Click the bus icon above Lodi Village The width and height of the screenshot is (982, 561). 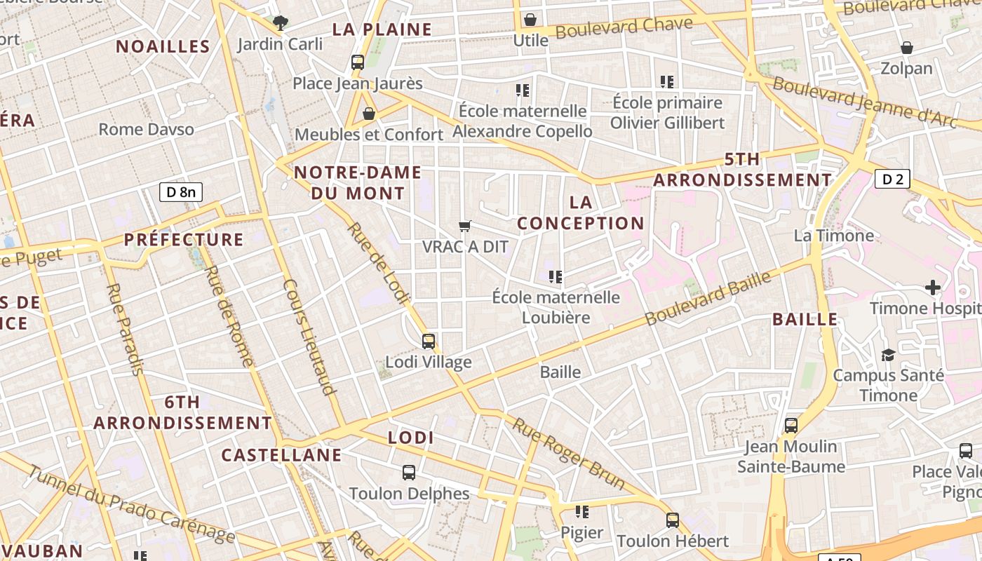429,342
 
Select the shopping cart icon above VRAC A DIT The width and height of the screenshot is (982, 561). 464,226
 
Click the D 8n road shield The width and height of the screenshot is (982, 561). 181,192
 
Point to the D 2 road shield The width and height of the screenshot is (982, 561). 892,180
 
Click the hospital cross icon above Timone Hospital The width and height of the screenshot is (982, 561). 933,287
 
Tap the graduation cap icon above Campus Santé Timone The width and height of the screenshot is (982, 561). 888,355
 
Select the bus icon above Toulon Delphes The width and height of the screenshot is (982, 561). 409,473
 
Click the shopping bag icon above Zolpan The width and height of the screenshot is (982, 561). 907,48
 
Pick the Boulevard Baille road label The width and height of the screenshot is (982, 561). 708,299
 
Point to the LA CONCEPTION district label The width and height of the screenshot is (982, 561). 581,212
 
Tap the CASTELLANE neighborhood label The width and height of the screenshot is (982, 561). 282,455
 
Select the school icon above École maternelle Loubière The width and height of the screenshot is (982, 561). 556,276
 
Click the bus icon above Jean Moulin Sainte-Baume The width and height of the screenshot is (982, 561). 791,425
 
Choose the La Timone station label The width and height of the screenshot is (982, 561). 834,235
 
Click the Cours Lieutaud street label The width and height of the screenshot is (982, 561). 309,337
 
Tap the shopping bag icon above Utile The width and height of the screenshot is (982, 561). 530,20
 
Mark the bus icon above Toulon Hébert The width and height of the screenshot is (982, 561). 673,520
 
